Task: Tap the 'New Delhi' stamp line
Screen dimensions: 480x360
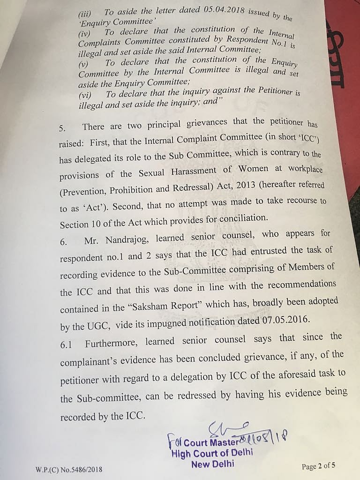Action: [213, 465]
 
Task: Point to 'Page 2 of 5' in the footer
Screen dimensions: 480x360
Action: [318, 466]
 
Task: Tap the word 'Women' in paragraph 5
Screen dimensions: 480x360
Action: [253, 169]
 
